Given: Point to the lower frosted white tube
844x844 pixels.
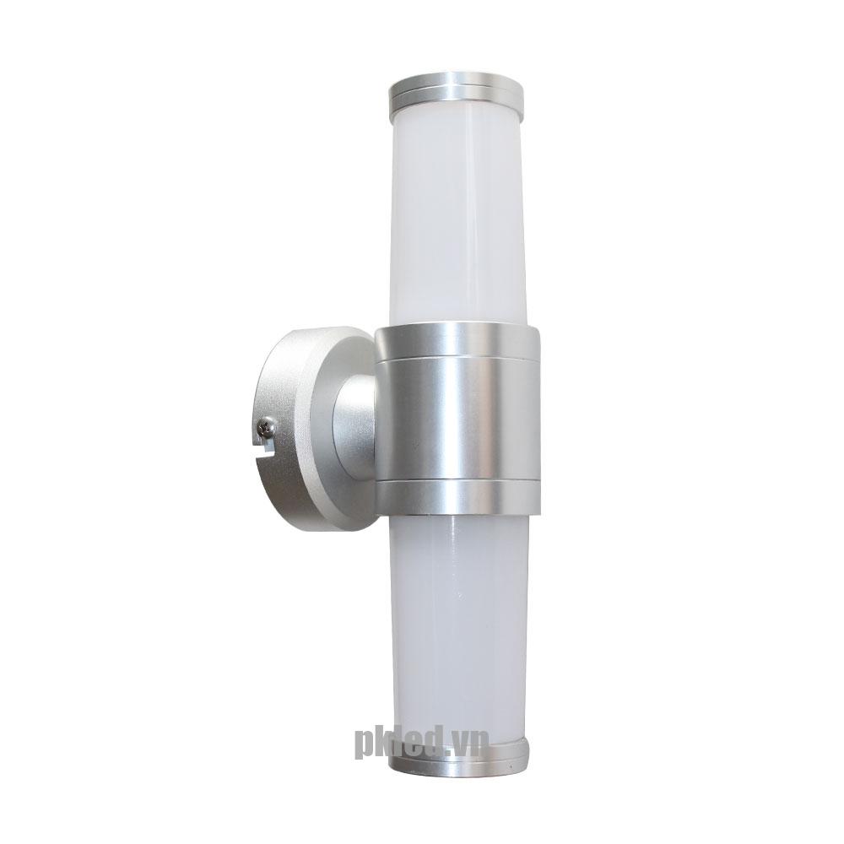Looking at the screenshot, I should (457, 625).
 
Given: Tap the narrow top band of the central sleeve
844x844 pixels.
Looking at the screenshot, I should (457, 343).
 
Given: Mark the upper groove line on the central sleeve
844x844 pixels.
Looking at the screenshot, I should (457, 359).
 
